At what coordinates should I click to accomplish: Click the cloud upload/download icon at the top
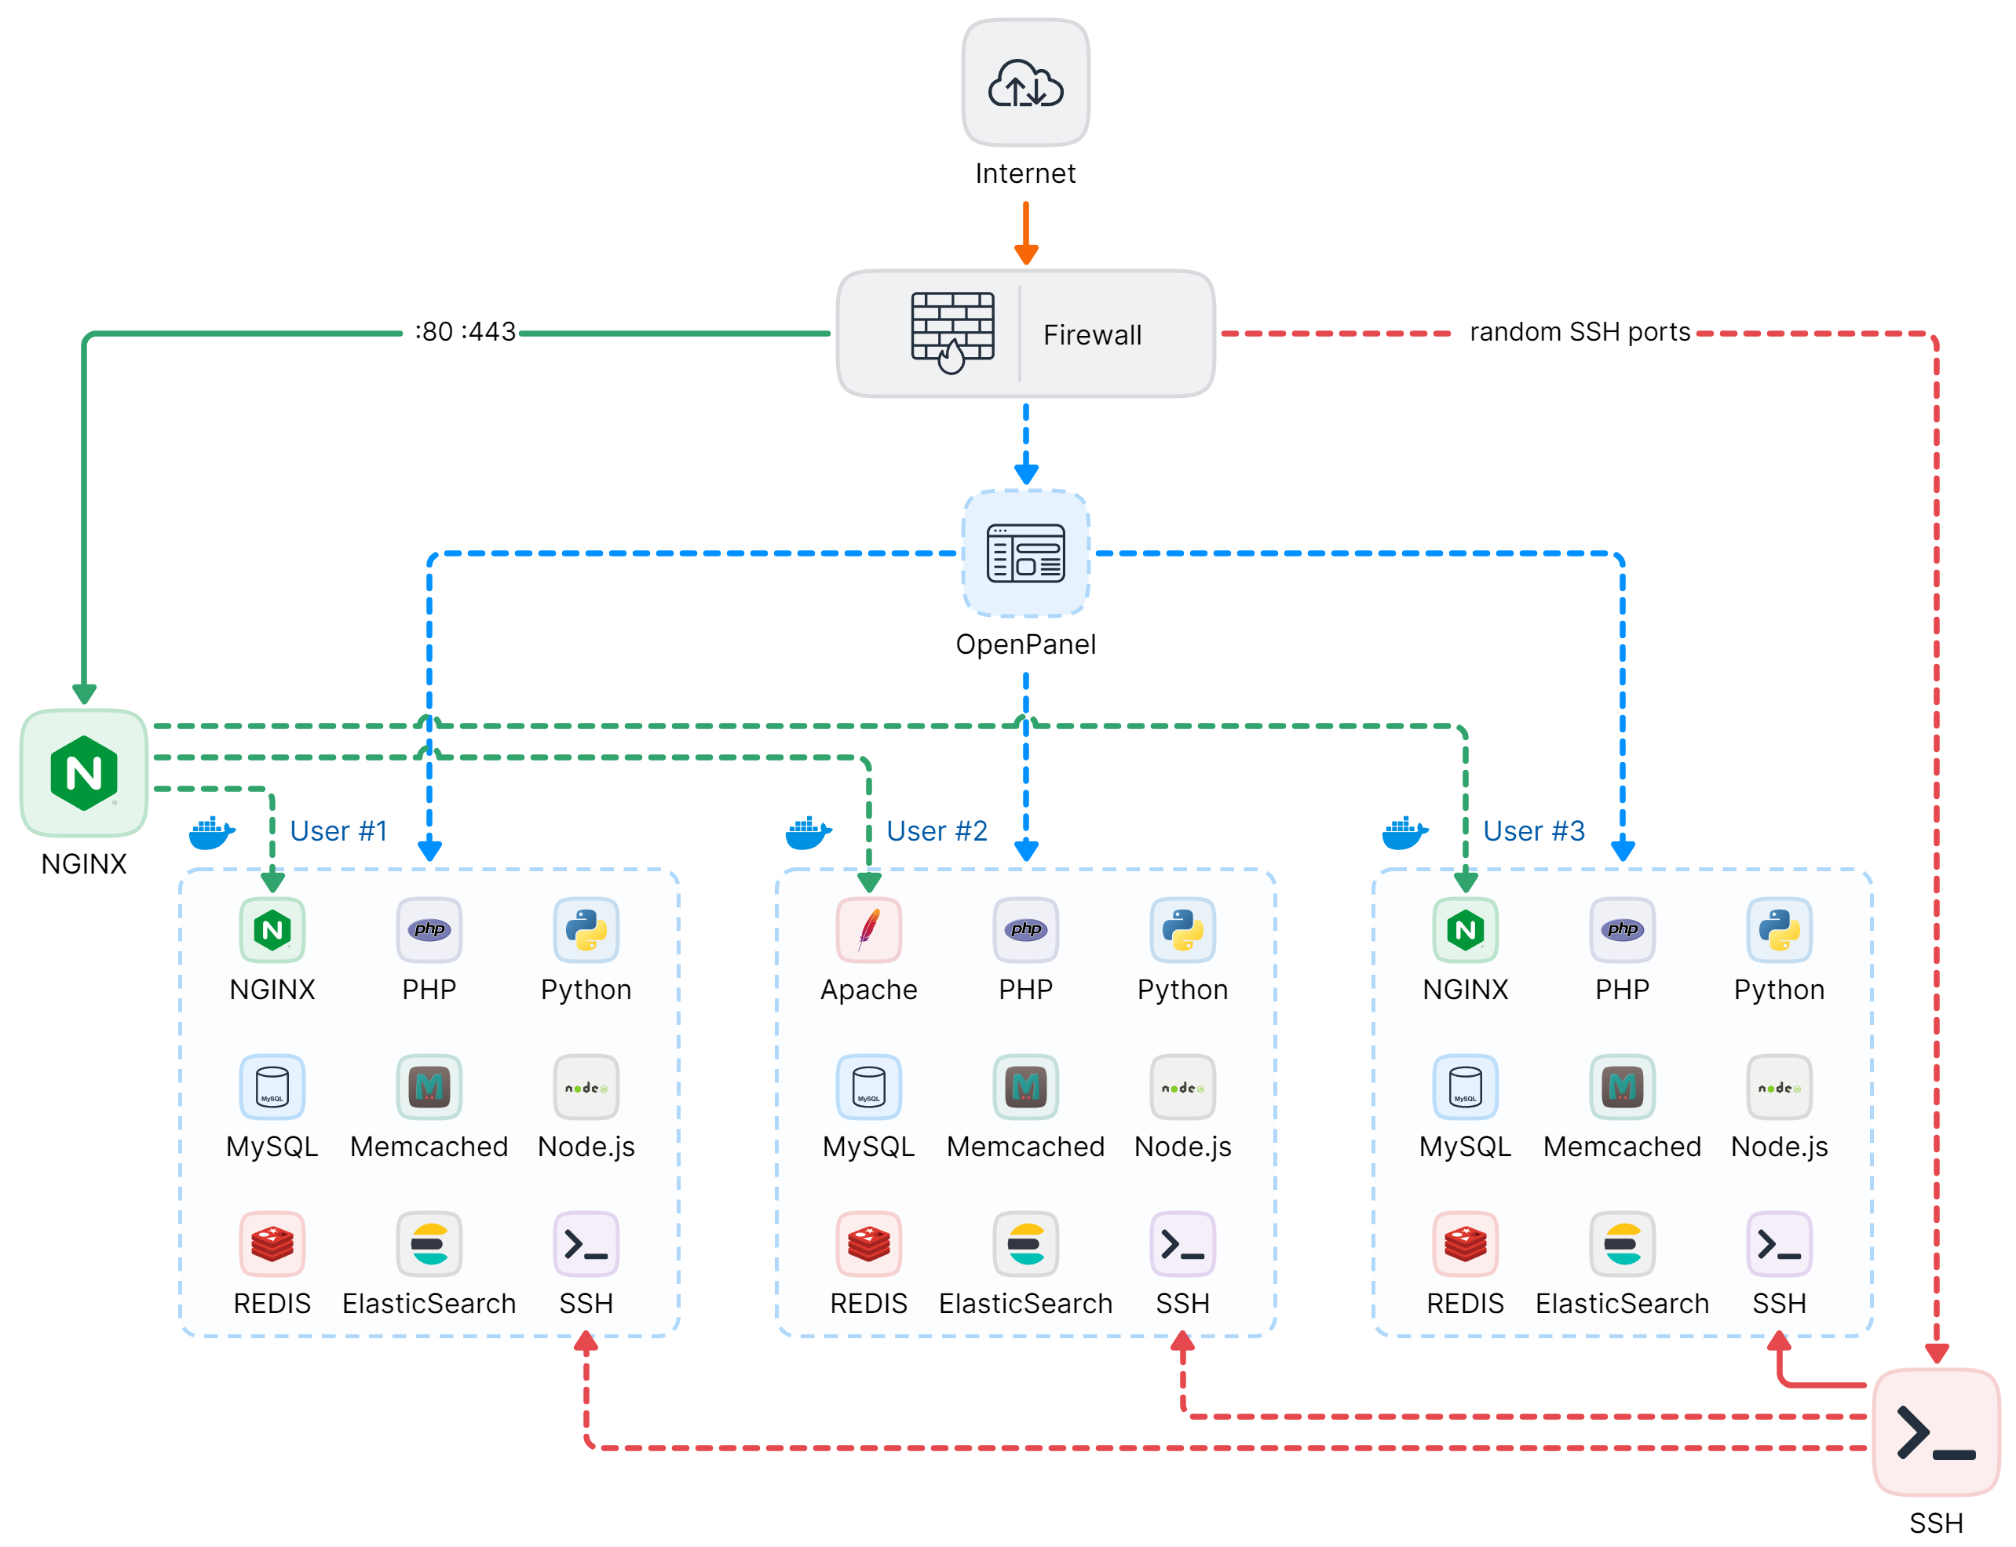(1025, 83)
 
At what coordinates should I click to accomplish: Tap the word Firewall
(1091, 335)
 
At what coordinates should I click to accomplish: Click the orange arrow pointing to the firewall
(1026, 234)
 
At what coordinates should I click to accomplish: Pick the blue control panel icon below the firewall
(1025, 553)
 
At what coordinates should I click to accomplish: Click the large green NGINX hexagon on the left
(84, 772)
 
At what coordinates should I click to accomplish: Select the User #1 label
(338, 830)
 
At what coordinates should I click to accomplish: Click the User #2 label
(936, 830)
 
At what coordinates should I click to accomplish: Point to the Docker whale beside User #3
(1404, 833)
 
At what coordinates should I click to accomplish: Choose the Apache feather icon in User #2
(868, 929)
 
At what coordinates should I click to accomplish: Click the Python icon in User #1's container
(586, 929)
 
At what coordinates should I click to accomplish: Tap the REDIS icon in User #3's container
(1464, 1244)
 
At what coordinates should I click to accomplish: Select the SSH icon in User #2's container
(1182, 1244)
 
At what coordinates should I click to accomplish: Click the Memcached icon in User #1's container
(429, 1086)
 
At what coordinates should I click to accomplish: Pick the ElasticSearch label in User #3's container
(1622, 1304)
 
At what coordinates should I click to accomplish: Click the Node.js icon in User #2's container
(1182, 1086)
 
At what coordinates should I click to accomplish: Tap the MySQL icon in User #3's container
(1464, 1086)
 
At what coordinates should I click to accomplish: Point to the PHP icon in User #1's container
(429, 929)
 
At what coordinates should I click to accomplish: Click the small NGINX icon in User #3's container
(1464, 929)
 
